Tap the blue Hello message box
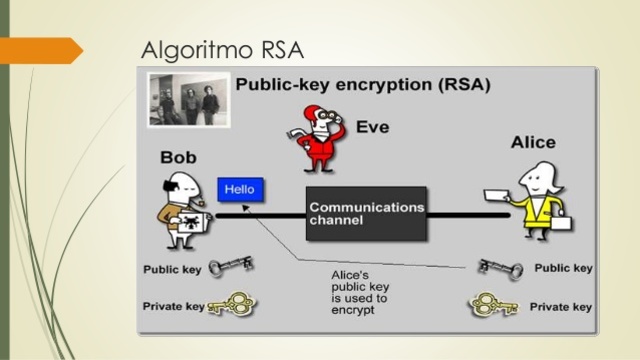(240, 188)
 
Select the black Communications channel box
(366, 213)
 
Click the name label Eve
(372, 128)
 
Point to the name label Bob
(178, 158)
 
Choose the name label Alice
(533, 142)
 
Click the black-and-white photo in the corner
(187, 102)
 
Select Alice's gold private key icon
(497, 303)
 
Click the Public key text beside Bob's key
(172, 270)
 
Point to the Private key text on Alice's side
(562, 306)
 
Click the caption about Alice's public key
(360, 291)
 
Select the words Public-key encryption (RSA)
(362, 85)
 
